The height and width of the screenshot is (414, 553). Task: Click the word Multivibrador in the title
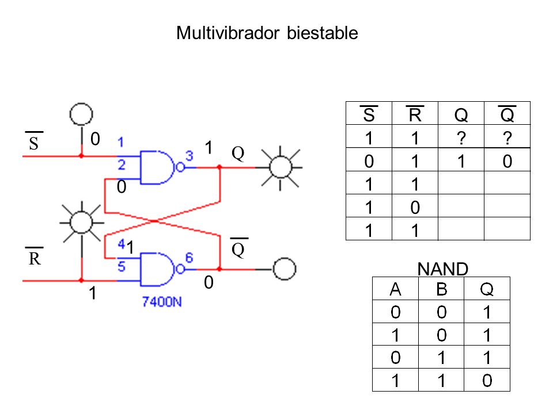pyautogui.click(x=228, y=33)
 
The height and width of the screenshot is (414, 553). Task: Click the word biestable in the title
pyautogui.click(x=323, y=33)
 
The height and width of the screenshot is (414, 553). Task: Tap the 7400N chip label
pyautogui.click(x=162, y=302)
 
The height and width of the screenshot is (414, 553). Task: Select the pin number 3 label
pyautogui.click(x=190, y=156)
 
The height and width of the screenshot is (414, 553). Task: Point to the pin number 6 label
pyautogui.click(x=189, y=258)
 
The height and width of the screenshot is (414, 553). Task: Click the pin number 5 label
pyautogui.click(x=122, y=266)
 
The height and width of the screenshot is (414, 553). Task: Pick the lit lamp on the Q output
pyautogui.click(x=281, y=167)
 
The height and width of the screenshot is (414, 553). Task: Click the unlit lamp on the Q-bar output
pyautogui.click(x=284, y=269)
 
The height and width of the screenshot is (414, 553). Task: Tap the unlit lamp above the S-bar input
pyautogui.click(x=81, y=114)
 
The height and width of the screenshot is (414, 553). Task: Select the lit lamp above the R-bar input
pyautogui.click(x=82, y=223)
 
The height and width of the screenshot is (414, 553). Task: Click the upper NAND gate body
pyautogui.click(x=157, y=167)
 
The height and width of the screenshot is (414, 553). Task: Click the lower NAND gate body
pyautogui.click(x=157, y=269)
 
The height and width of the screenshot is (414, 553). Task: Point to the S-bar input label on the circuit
pyautogui.click(x=34, y=141)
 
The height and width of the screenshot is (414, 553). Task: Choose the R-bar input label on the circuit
pyautogui.click(x=34, y=257)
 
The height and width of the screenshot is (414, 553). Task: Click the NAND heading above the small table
pyautogui.click(x=442, y=269)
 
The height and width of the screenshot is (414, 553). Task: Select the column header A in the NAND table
pyautogui.click(x=395, y=289)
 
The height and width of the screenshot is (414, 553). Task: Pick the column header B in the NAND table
pyautogui.click(x=442, y=289)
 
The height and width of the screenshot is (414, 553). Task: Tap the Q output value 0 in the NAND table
pyautogui.click(x=487, y=381)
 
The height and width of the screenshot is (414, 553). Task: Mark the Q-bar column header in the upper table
pyautogui.click(x=507, y=114)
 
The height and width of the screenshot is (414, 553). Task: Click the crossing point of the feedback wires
pyautogui.click(x=155, y=221)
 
